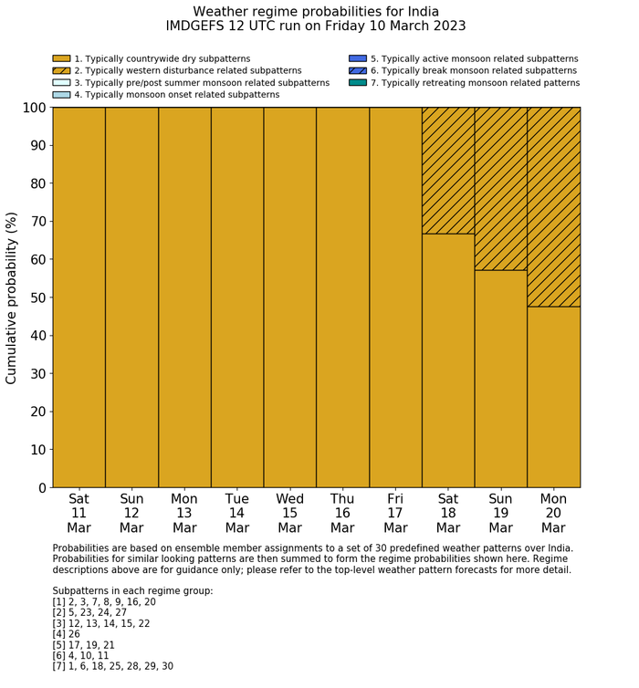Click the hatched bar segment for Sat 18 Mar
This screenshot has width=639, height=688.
[448, 171]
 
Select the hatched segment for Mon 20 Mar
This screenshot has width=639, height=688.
[553, 206]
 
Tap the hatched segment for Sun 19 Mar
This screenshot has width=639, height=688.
[501, 188]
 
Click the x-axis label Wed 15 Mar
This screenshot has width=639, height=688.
[290, 513]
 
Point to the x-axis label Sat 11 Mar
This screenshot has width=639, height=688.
[79, 513]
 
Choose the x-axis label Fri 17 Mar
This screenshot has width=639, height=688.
[395, 513]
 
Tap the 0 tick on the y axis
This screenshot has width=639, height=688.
[41, 488]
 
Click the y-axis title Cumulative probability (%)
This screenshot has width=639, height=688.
[12, 297]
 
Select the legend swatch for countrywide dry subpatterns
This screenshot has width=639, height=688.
[61, 58]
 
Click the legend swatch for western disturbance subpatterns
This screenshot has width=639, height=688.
[61, 70]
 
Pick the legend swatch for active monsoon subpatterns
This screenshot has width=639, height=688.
[358, 58]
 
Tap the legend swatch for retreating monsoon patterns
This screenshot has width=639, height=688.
[358, 82]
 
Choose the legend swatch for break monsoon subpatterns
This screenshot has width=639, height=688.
[358, 70]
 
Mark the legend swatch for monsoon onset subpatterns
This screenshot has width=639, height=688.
[61, 94]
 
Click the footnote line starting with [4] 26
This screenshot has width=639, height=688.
[69, 634]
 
